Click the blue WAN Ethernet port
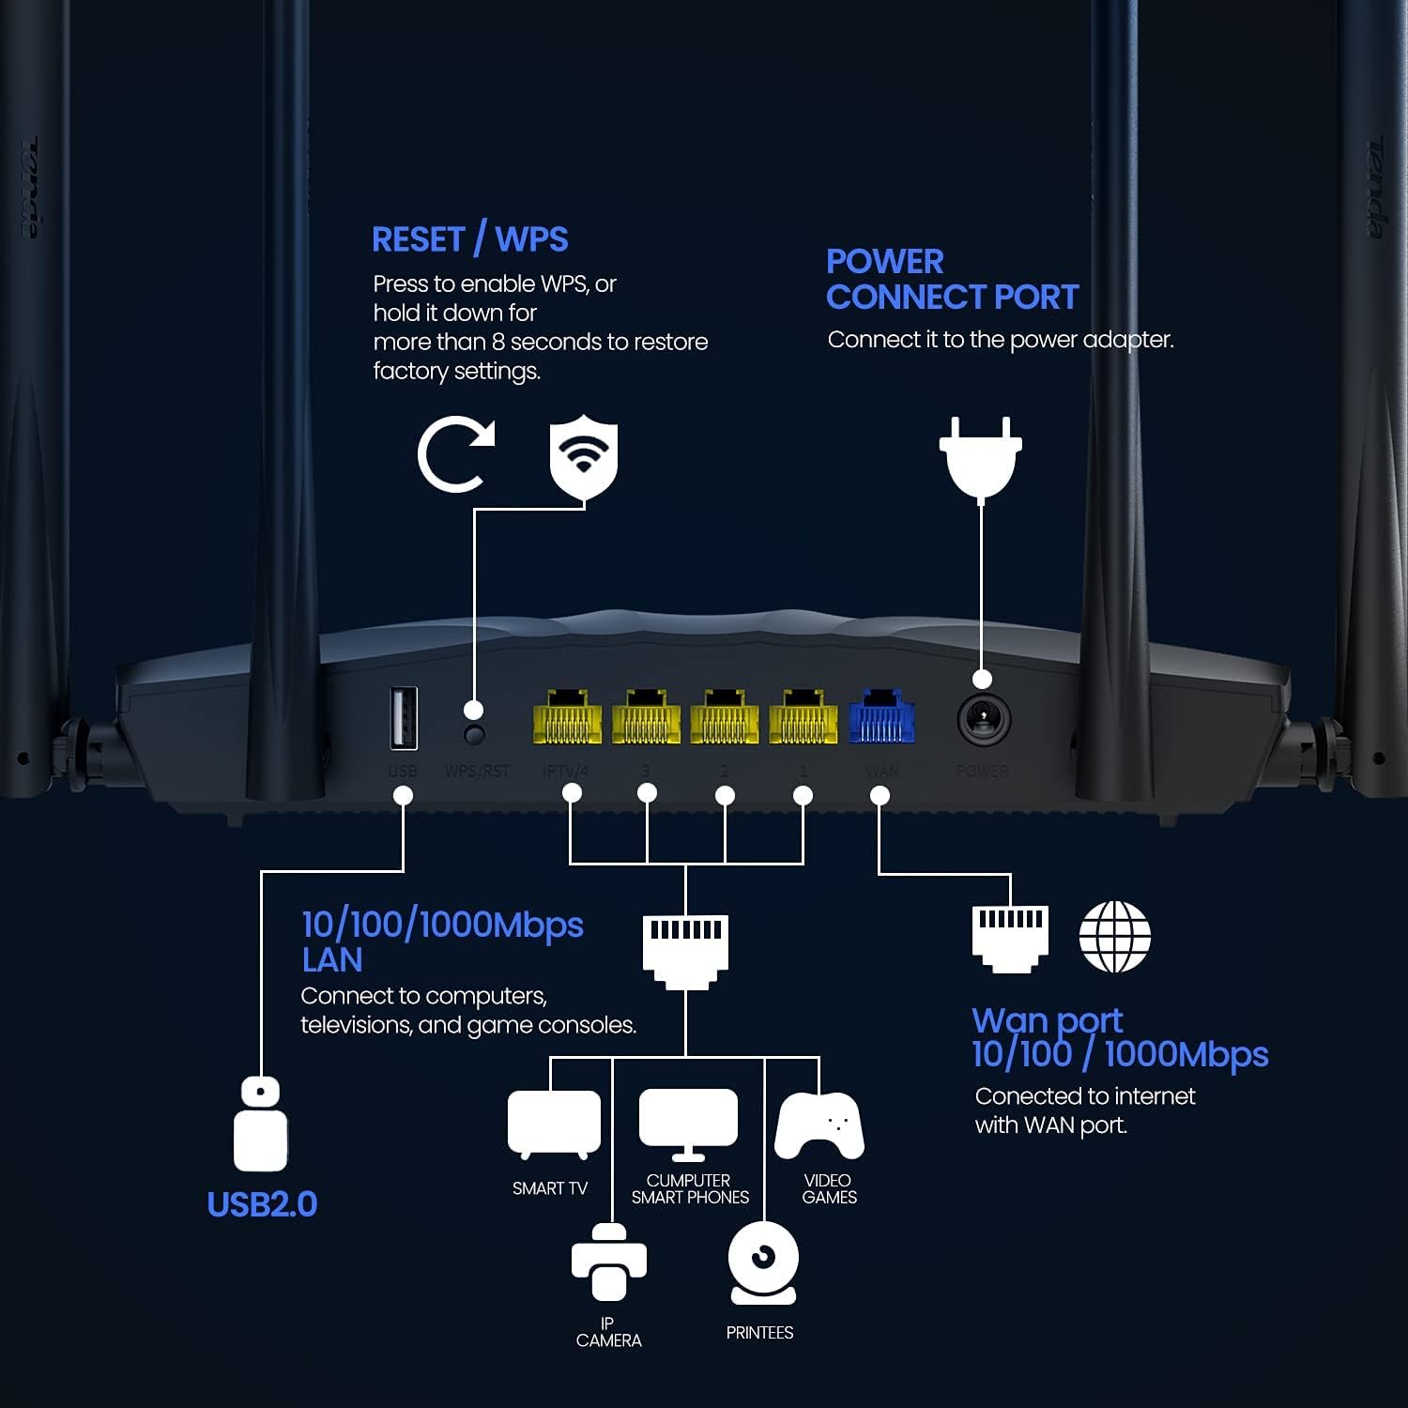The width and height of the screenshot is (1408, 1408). pyautogui.click(x=880, y=718)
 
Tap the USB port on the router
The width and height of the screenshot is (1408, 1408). pyautogui.click(x=404, y=718)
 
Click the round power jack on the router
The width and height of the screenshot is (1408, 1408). pyautogui.click(x=983, y=721)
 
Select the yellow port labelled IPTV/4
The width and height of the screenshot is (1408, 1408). pyautogui.click(x=567, y=719)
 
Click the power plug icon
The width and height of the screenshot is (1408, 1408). pyautogui.click(x=981, y=457)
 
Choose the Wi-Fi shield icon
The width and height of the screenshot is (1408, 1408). pyautogui.click(x=584, y=456)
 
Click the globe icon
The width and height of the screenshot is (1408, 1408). pyautogui.click(x=1114, y=937)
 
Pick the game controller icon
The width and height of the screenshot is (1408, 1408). pyautogui.click(x=819, y=1125)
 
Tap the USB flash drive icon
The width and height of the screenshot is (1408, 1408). pyautogui.click(x=260, y=1124)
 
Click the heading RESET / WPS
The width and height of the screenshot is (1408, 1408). pyautogui.click(x=469, y=239)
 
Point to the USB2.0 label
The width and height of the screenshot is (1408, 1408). pyautogui.click(x=262, y=1204)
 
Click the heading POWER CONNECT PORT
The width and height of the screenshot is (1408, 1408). pyautogui.click(x=952, y=279)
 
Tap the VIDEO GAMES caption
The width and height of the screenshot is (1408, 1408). pyautogui.click(x=829, y=1188)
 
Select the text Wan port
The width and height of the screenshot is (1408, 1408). pyautogui.click(x=1047, y=1019)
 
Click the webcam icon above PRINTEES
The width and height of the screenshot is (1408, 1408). pyautogui.click(x=763, y=1263)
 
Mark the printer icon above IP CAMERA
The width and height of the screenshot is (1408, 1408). pyautogui.click(x=609, y=1263)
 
